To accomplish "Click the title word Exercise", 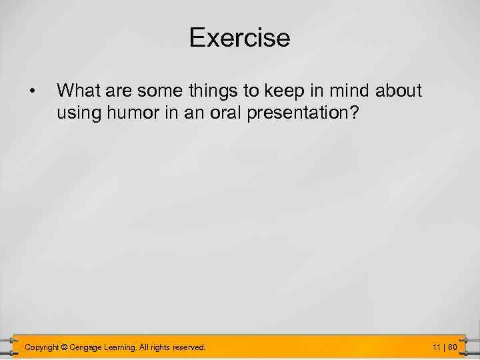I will pos(239,37).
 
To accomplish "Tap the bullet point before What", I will pos(31,90).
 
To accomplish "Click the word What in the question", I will pos(77,89).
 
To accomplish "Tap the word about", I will pos(400,89).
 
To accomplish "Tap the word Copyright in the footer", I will pos(41,347).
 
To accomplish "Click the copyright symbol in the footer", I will pos(65,347).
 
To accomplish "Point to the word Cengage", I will pos(87,347).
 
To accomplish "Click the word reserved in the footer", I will pos(189,347).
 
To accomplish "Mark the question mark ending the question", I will pos(354,113).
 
